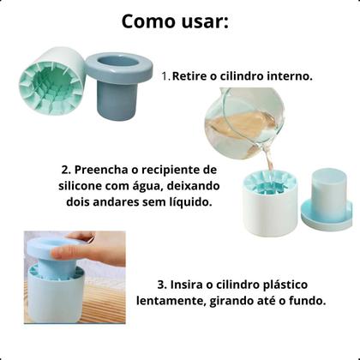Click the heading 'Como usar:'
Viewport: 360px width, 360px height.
[175, 21]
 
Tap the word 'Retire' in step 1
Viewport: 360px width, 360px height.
[191, 76]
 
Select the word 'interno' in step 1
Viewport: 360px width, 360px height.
[290, 76]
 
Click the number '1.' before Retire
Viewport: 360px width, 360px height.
[166, 76]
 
